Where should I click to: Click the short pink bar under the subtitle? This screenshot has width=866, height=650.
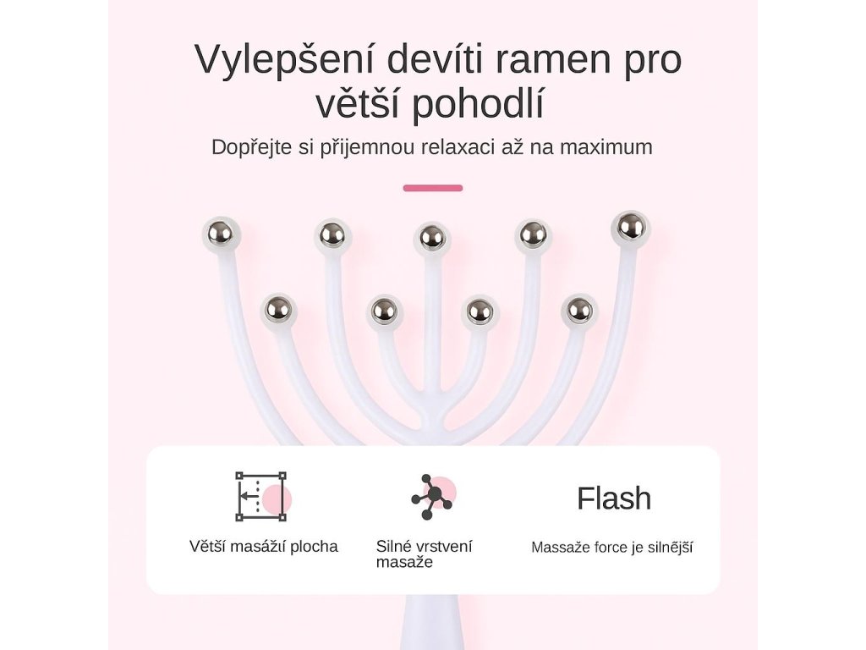coord(433,188)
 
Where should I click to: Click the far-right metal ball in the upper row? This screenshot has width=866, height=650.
coord(630,226)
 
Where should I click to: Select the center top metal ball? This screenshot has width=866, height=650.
coord(432,237)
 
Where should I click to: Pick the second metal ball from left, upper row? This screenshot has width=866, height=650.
coord(332,234)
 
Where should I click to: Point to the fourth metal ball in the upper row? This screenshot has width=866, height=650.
coord(533,234)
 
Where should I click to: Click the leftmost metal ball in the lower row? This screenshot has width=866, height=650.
coord(277,310)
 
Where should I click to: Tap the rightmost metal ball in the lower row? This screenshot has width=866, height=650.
coord(579,310)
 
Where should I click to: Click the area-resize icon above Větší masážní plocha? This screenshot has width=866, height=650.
coord(261,497)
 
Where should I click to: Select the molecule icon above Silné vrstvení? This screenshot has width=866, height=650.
coord(432,497)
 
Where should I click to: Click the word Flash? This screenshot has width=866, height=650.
coord(614,499)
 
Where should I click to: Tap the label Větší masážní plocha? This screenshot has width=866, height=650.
coord(263,547)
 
